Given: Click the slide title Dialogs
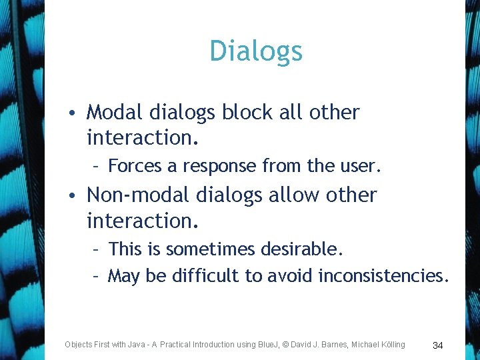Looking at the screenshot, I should click(x=256, y=51).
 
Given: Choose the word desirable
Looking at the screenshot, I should click(x=301, y=249).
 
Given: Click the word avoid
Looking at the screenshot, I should click(x=291, y=275).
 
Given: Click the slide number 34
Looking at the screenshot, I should click(x=438, y=345).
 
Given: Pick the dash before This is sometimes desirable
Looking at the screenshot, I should click(x=97, y=249).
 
